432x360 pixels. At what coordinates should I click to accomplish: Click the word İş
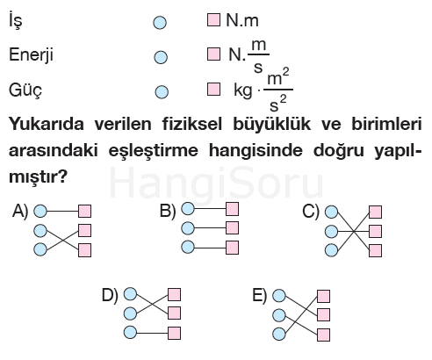coord(15,20)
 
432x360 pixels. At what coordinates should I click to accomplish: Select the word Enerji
coord(31,55)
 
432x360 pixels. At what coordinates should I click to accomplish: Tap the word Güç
coord(25,90)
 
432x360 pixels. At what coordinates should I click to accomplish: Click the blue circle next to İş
coord(160,23)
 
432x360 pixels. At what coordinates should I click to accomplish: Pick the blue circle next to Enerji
coord(161,57)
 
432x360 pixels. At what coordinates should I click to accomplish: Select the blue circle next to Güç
coord(162,92)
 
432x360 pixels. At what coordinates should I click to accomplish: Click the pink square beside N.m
coord(213,19)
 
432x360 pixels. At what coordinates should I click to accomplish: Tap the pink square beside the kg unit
coord(213,89)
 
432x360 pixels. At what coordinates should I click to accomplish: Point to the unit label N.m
coord(242,20)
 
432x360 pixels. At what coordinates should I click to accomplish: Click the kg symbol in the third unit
coord(243,90)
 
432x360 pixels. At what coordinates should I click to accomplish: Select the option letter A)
coord(20,211)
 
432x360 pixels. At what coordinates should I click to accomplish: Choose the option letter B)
coord(168,211)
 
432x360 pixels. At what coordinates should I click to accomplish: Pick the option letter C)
coord(311,211)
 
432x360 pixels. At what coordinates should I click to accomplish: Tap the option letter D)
coord(110,295)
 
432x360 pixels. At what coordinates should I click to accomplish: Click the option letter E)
coord(260,296)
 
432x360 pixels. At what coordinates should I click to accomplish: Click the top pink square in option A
coord(84,211)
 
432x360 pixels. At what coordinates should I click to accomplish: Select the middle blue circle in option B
coord(188,228)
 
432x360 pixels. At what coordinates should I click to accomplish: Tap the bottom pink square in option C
coord(375,251)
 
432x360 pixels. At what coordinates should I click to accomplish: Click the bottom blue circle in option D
coord(130,333)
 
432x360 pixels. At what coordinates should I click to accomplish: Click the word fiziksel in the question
coord(192,124)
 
